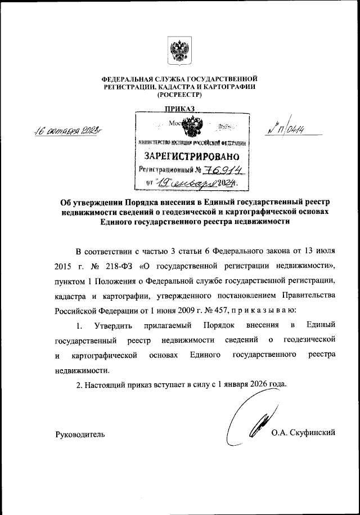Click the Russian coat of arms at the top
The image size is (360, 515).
pyautogui.click(x=179, y=52)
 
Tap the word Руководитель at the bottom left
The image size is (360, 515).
pyautogui.click(x=79, y=433)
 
